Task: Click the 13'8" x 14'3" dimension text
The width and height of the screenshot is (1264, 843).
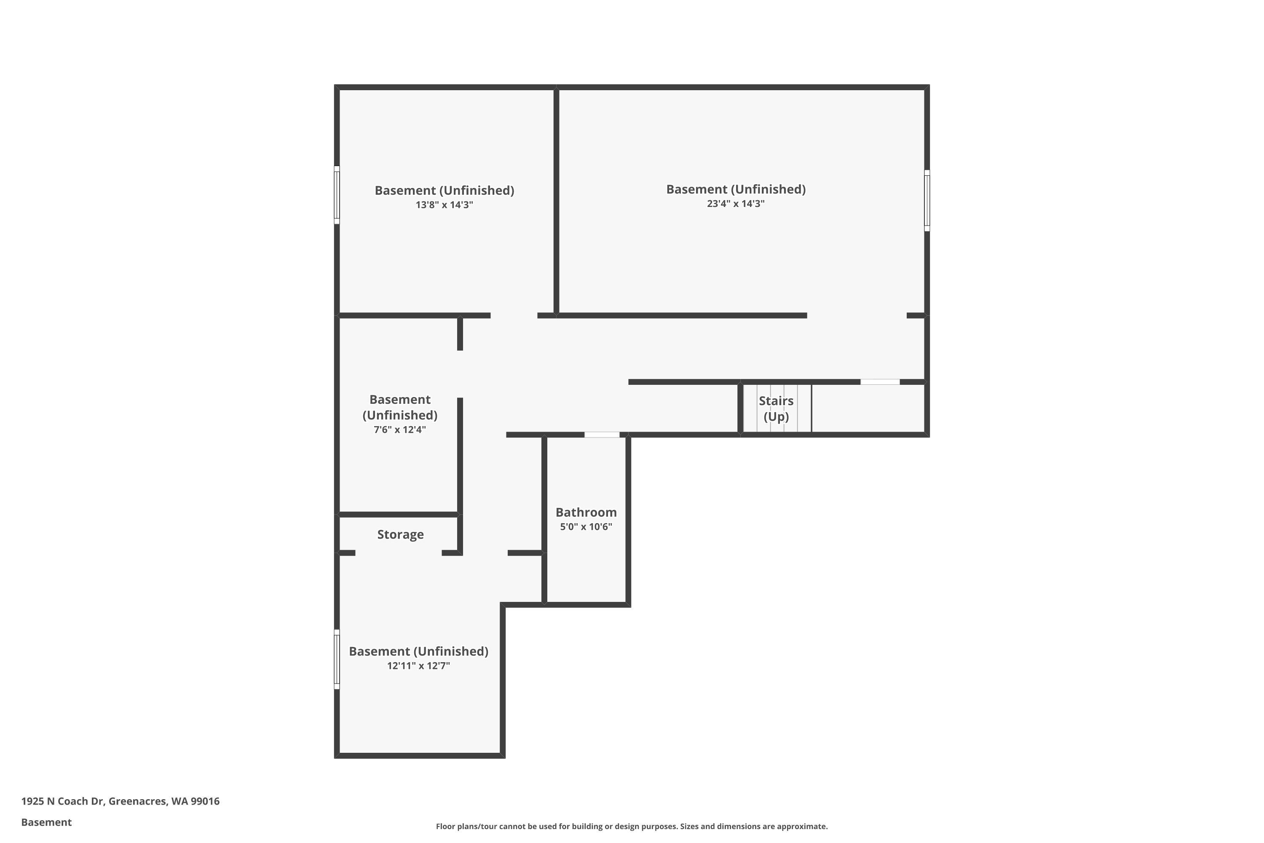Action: point(444,205)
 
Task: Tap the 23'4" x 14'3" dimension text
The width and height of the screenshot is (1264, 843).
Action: point(736,204)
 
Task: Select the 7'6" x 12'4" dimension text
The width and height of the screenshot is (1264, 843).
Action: point(400,430)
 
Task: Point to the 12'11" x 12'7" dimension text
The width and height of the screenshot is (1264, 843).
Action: point(419,666)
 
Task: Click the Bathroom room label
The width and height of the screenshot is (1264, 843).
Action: point(586,513)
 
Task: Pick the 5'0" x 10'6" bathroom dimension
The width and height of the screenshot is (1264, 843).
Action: point(586,527)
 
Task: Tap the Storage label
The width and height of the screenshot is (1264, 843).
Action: point(400,534)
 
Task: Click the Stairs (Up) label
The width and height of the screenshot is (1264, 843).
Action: point(776,408)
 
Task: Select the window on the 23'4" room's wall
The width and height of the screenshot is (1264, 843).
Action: point(927,201)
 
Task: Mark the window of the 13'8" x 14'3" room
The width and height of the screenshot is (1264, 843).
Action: point(337,195)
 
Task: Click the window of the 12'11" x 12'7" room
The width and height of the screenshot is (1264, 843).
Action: point(337,659)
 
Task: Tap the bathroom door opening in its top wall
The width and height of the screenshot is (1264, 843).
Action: point(602,435)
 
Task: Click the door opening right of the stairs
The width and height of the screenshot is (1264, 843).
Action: point(880,382)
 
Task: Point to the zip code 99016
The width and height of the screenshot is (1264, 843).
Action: point(205,801)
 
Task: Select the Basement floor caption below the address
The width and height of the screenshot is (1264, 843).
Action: point(46,822)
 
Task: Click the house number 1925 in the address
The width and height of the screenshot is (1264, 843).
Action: point(33,801)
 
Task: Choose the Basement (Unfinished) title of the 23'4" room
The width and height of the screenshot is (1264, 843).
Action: point(736,189)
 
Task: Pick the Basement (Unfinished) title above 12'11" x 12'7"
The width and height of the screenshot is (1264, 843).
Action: point(419,652)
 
